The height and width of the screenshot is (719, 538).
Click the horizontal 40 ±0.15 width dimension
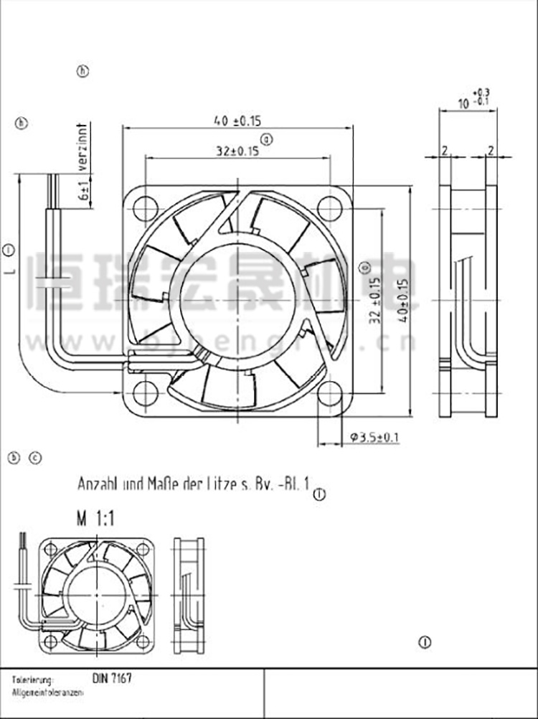tap(237, 121)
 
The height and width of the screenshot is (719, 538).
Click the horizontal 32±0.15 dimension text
tap(237, 151)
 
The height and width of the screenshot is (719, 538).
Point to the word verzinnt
tap(83, 146)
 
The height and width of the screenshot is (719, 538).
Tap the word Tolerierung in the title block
tap(33, 678)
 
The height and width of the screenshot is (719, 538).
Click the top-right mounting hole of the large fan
tap(329, 208)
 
